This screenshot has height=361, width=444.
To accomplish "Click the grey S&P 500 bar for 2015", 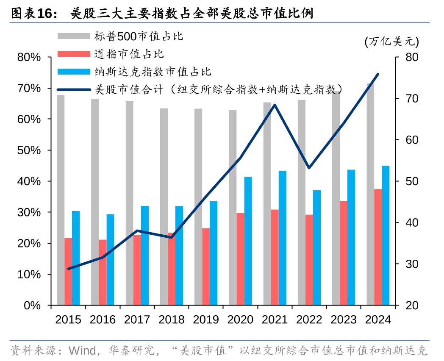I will [x=61, y=199].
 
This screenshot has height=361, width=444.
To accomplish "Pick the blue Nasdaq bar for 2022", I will [x=317, y=247].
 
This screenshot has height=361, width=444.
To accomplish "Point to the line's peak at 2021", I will [x=275, y=105].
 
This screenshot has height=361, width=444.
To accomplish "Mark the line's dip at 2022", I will [x=309, y=168].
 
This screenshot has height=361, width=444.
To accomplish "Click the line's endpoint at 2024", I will [x=378, y=74].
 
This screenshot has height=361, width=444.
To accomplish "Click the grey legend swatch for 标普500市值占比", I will [x=74, y=36].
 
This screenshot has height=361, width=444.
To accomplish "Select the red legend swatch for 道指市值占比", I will [x=74, y=54].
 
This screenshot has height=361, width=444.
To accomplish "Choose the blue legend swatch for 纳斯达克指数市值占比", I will [x=74, y=72].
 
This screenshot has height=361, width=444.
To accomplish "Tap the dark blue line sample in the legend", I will [x=74, y=89].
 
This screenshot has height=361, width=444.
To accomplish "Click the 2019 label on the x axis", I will [x=206, y=319].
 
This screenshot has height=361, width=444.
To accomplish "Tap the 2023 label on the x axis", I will [x=344, y=319].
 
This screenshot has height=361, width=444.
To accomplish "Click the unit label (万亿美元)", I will [x=391, y=42].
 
